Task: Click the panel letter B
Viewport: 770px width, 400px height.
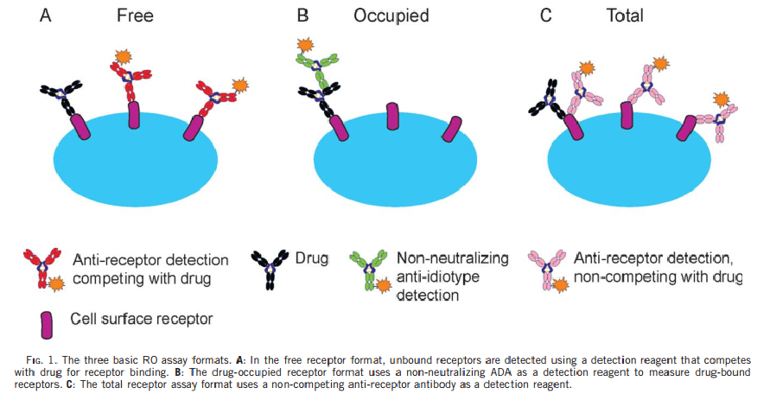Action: click(303, 16)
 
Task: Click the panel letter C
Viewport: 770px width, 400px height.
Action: click(546, 16)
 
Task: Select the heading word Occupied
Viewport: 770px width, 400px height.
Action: click(391, 16)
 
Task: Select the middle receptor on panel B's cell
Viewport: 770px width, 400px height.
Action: click(392, 117)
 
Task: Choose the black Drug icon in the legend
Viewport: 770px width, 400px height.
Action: click(269, 270)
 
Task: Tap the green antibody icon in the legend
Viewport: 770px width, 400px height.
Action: click(366, 270)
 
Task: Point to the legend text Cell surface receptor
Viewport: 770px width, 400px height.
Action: click(142, 320)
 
